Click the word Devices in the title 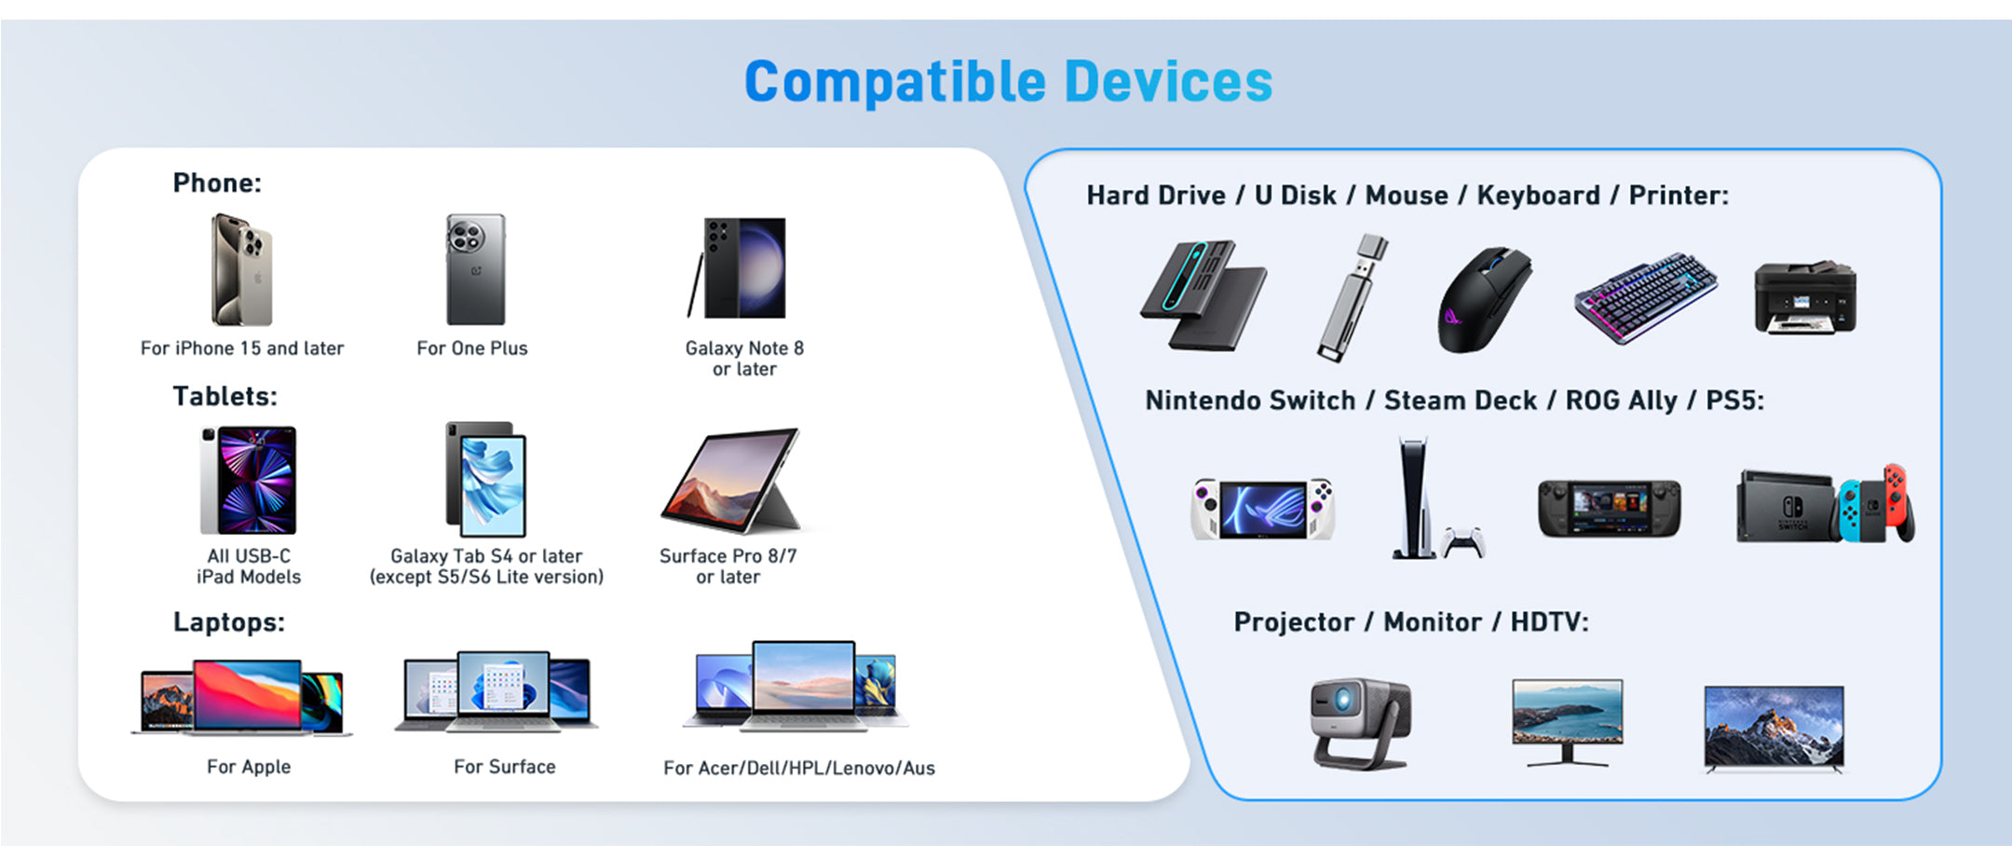(1168, 81)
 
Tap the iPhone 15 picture (242, 270)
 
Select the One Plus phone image (475, 269)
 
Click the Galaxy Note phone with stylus (738, 268)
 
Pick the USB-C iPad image (248, 480)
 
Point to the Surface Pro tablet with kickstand (732, 480)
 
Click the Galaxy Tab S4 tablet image (485, 479)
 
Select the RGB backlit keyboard (1646, 297)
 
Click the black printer (1805, 297)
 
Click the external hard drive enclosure (1203, 294)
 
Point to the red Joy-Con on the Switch (1897, 502)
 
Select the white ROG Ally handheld (1263, 509)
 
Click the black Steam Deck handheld (1610, 508)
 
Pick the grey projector (1361, 723)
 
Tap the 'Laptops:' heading (229, 621)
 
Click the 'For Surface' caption (505, 767)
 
